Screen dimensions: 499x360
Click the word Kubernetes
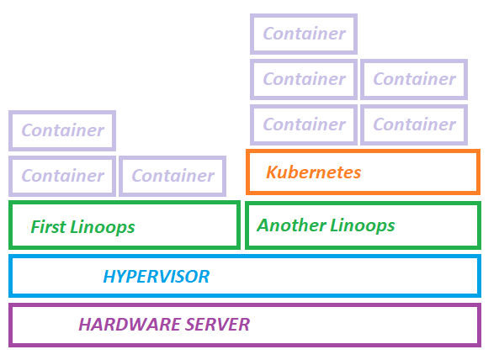point(314,172)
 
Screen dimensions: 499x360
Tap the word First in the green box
point(48,227)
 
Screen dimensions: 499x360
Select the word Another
point(291,225)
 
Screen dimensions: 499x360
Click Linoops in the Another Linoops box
point(362,226)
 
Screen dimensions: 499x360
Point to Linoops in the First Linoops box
point(102,228)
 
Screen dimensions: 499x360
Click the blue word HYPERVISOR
point(157,277)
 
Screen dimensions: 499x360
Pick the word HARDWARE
point(130,325)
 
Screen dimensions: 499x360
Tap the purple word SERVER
point(217,325)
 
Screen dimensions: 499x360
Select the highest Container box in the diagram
point(304,34)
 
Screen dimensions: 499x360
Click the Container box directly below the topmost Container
point(304,80)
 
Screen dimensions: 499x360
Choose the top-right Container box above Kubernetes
point(414,80)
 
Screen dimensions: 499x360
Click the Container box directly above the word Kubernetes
point(304,124)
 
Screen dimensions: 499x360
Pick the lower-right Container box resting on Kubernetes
point(414,124)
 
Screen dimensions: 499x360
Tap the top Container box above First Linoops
point(62,130)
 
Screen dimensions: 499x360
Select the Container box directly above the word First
point(62,176)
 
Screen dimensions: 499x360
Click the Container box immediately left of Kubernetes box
point(173,176)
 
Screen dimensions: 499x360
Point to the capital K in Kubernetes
point(273,172)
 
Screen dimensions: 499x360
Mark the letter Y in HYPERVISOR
point(123,277)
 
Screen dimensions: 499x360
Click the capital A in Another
point(264,225)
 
